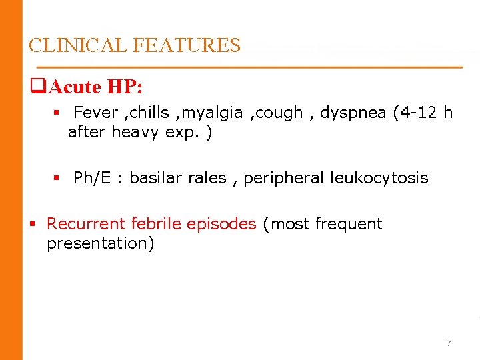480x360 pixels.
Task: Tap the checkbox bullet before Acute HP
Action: click(37, 87)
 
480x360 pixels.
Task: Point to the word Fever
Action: click(95, 113)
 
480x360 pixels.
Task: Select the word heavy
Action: click(135, 132)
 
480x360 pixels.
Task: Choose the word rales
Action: click(208, 178)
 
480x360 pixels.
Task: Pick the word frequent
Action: click(349, 224)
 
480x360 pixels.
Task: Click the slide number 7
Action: click(449, 343)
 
